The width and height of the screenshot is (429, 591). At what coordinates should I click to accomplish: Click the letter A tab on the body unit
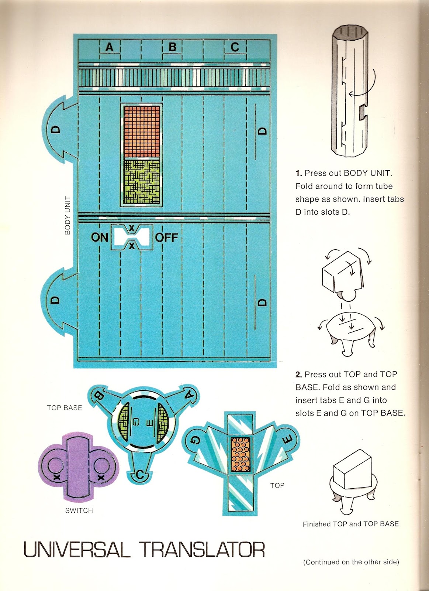pos(110,47)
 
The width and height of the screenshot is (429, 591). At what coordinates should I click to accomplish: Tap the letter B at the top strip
pos(172,47)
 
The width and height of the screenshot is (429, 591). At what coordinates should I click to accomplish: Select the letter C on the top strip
pos(235,47)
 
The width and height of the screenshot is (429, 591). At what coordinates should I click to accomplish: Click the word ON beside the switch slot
pos(100,237)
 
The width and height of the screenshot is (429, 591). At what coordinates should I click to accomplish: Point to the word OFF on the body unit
pos(166,237)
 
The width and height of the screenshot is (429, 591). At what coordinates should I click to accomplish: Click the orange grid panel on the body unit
pos(142,132)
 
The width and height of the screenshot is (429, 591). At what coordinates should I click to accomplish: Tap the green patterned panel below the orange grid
pos(142,182)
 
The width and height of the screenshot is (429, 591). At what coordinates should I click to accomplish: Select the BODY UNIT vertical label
pos(68,216)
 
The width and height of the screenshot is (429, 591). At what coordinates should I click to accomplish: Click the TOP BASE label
pos(65,408)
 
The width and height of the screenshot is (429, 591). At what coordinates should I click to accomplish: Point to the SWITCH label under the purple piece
pos(79,510)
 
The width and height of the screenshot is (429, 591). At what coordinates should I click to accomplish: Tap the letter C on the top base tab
pos(140,475)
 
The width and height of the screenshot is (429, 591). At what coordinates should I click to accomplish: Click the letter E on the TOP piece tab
pos(287,439)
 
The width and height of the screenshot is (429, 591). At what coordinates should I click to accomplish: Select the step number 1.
pos(298,173)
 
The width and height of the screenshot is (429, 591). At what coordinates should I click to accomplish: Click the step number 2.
pos(298,375)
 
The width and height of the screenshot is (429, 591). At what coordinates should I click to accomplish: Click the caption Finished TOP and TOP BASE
pos(350,524)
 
